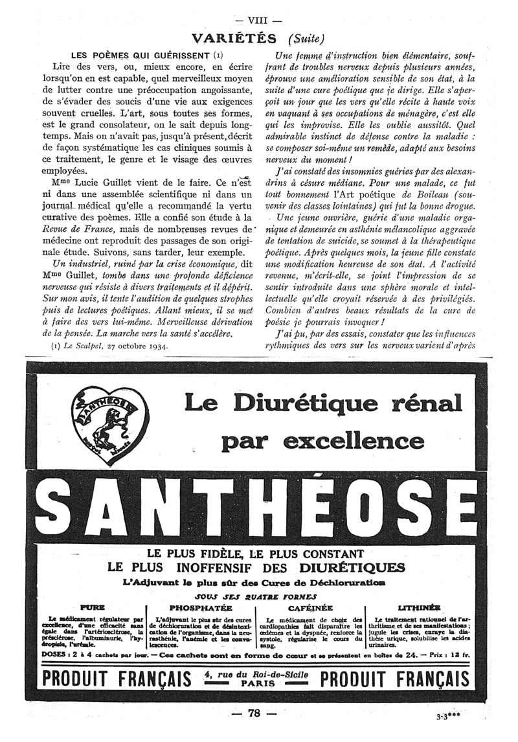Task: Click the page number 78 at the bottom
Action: click(x=253, y=714)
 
